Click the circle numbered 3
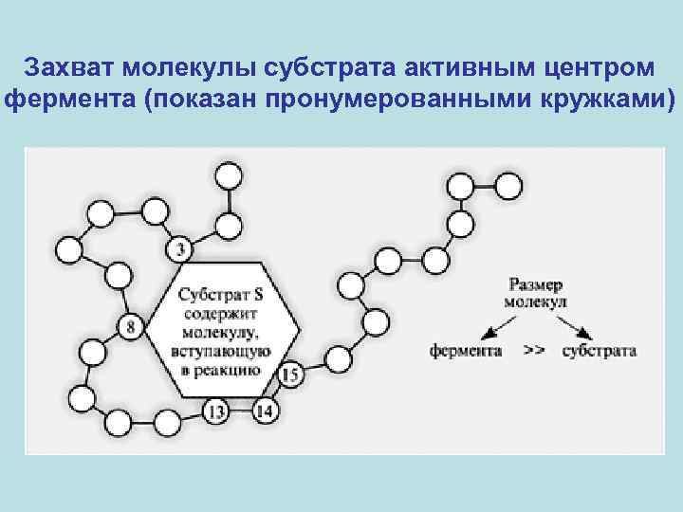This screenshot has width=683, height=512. click(182, 250)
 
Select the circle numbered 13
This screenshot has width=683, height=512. click(217, 411)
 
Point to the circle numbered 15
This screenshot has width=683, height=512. click(291, 375)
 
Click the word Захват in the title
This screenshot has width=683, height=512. click(75, 69)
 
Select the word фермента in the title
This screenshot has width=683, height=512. click(69, 100)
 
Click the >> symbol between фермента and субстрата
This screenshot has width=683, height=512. click(534, 350)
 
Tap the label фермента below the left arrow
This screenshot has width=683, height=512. click(468, 350)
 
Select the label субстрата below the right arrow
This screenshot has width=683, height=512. click(599, 350)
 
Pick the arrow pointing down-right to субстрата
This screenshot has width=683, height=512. click(575, 325)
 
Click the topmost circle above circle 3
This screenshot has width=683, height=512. click(229, 175)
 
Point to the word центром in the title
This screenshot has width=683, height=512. click(596, 69)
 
